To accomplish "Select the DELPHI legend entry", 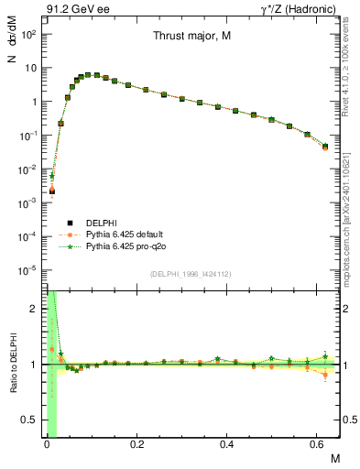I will tap(101, 223).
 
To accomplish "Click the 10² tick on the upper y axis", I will tap(29, 34).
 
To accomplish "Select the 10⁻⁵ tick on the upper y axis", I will tap(29, 270).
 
